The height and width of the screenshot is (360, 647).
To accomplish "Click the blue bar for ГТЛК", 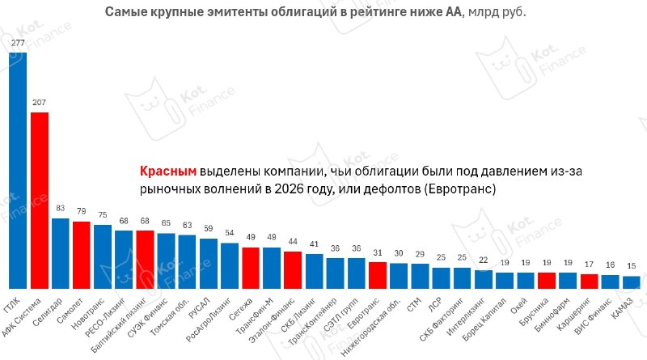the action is (x=18, y=171).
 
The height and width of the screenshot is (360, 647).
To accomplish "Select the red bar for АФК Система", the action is (x=40, y=201).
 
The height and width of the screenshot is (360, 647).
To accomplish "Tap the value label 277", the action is (x=18, y=43).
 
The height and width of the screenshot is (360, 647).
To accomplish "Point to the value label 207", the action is (x=39, y=103).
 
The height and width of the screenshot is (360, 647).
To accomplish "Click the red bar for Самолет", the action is (x=82, y=255).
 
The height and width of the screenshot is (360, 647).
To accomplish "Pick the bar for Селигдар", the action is (x=61, y=253).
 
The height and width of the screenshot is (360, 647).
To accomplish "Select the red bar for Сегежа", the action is (x=251, y=268).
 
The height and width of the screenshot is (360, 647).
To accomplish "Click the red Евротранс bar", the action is (x=378, y=275).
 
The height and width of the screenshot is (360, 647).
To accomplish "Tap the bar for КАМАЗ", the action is (x=632, y=282).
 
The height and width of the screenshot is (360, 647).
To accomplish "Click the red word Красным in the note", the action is (x=168, y=171).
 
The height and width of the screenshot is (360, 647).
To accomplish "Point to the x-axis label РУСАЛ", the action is (x=200, y=307).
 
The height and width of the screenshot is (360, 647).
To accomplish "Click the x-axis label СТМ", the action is (x=414, y=305).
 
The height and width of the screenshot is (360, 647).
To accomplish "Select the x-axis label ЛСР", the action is (x=435, y=304).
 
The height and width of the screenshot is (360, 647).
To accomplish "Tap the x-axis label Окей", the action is (x=519, y=306).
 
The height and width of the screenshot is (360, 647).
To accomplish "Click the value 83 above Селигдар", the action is (x=60, y=208).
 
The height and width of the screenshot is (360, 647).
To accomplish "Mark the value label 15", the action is (x=632, y=266).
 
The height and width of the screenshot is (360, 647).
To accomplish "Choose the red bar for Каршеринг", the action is (x=590, y=282).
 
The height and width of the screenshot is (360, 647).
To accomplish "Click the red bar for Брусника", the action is (x=547, y=281).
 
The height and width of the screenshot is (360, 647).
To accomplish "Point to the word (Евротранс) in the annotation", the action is (x=459, y=189).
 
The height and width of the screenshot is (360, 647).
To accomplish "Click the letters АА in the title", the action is (x=454, y=12).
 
